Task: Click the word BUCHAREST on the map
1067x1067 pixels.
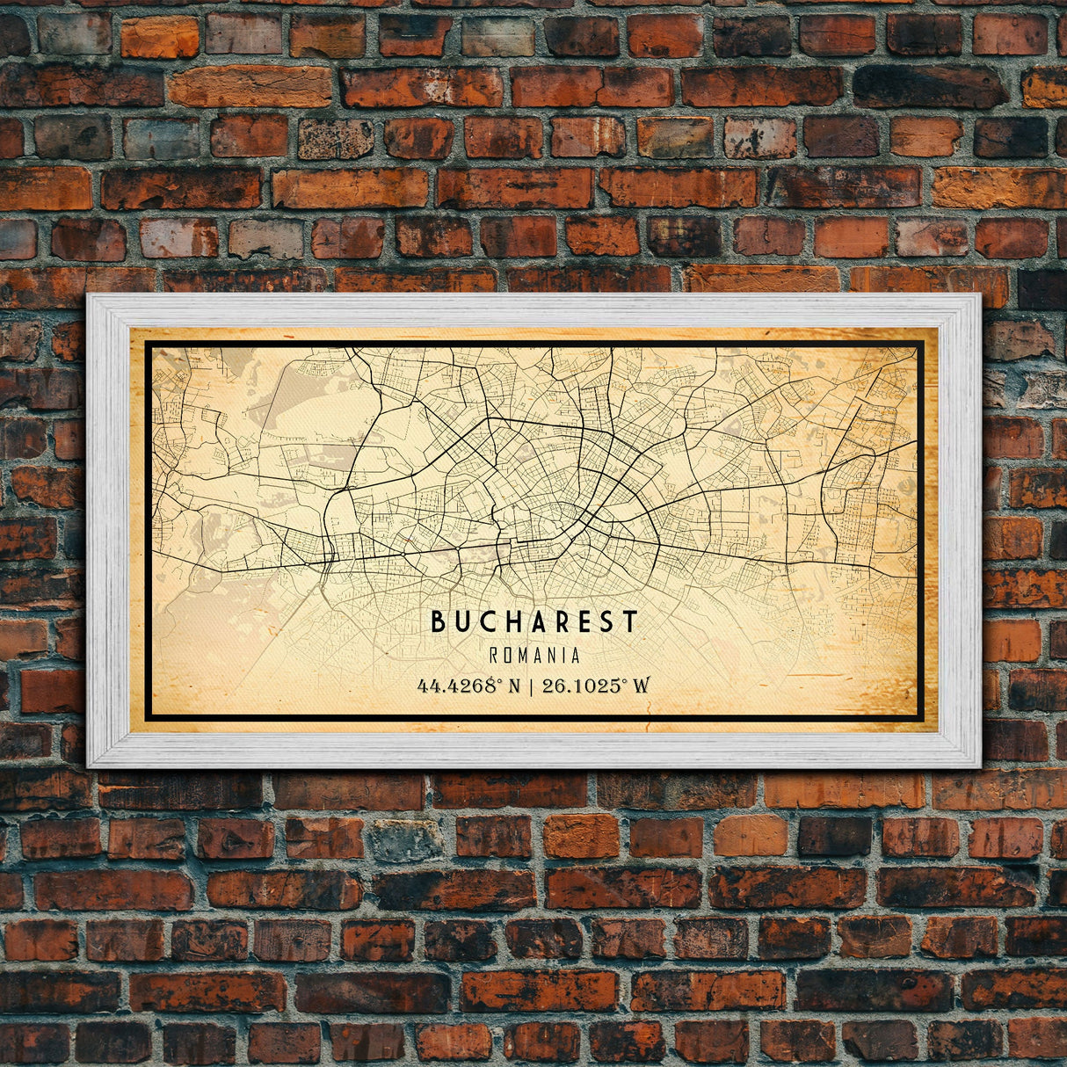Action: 533,622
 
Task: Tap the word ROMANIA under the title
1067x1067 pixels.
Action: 533,656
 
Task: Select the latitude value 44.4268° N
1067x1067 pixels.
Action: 469,686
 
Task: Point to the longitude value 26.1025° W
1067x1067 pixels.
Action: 595,686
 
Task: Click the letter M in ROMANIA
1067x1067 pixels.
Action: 526,656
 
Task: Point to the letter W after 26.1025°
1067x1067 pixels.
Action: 641,686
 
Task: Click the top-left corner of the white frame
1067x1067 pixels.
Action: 88,295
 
